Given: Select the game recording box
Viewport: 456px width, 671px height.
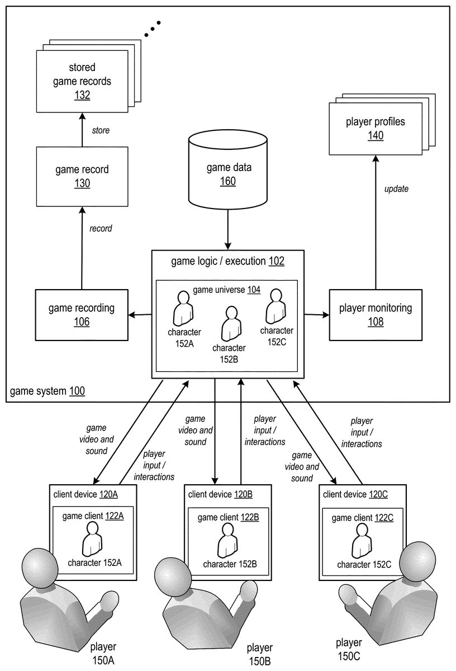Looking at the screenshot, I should (82, 314).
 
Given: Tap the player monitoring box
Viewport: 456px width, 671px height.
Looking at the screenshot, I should (375, 314).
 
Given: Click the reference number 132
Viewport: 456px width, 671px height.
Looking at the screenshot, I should (82, 95).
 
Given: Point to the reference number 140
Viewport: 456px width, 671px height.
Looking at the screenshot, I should (376, 135).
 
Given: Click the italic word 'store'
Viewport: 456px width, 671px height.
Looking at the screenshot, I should (101, 130).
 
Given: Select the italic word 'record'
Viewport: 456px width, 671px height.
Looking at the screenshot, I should (101, 228).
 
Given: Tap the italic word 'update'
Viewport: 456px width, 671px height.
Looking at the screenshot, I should (396, 189).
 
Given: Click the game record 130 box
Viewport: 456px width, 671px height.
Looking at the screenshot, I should (82, 176).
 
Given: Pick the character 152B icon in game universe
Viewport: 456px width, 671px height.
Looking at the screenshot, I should (230, 324).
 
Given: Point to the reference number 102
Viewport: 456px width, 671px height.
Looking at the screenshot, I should (277, 261).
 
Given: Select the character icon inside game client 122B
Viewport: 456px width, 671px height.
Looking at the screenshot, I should (228, 541).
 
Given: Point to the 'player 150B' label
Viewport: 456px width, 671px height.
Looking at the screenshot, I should (260, 654).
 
